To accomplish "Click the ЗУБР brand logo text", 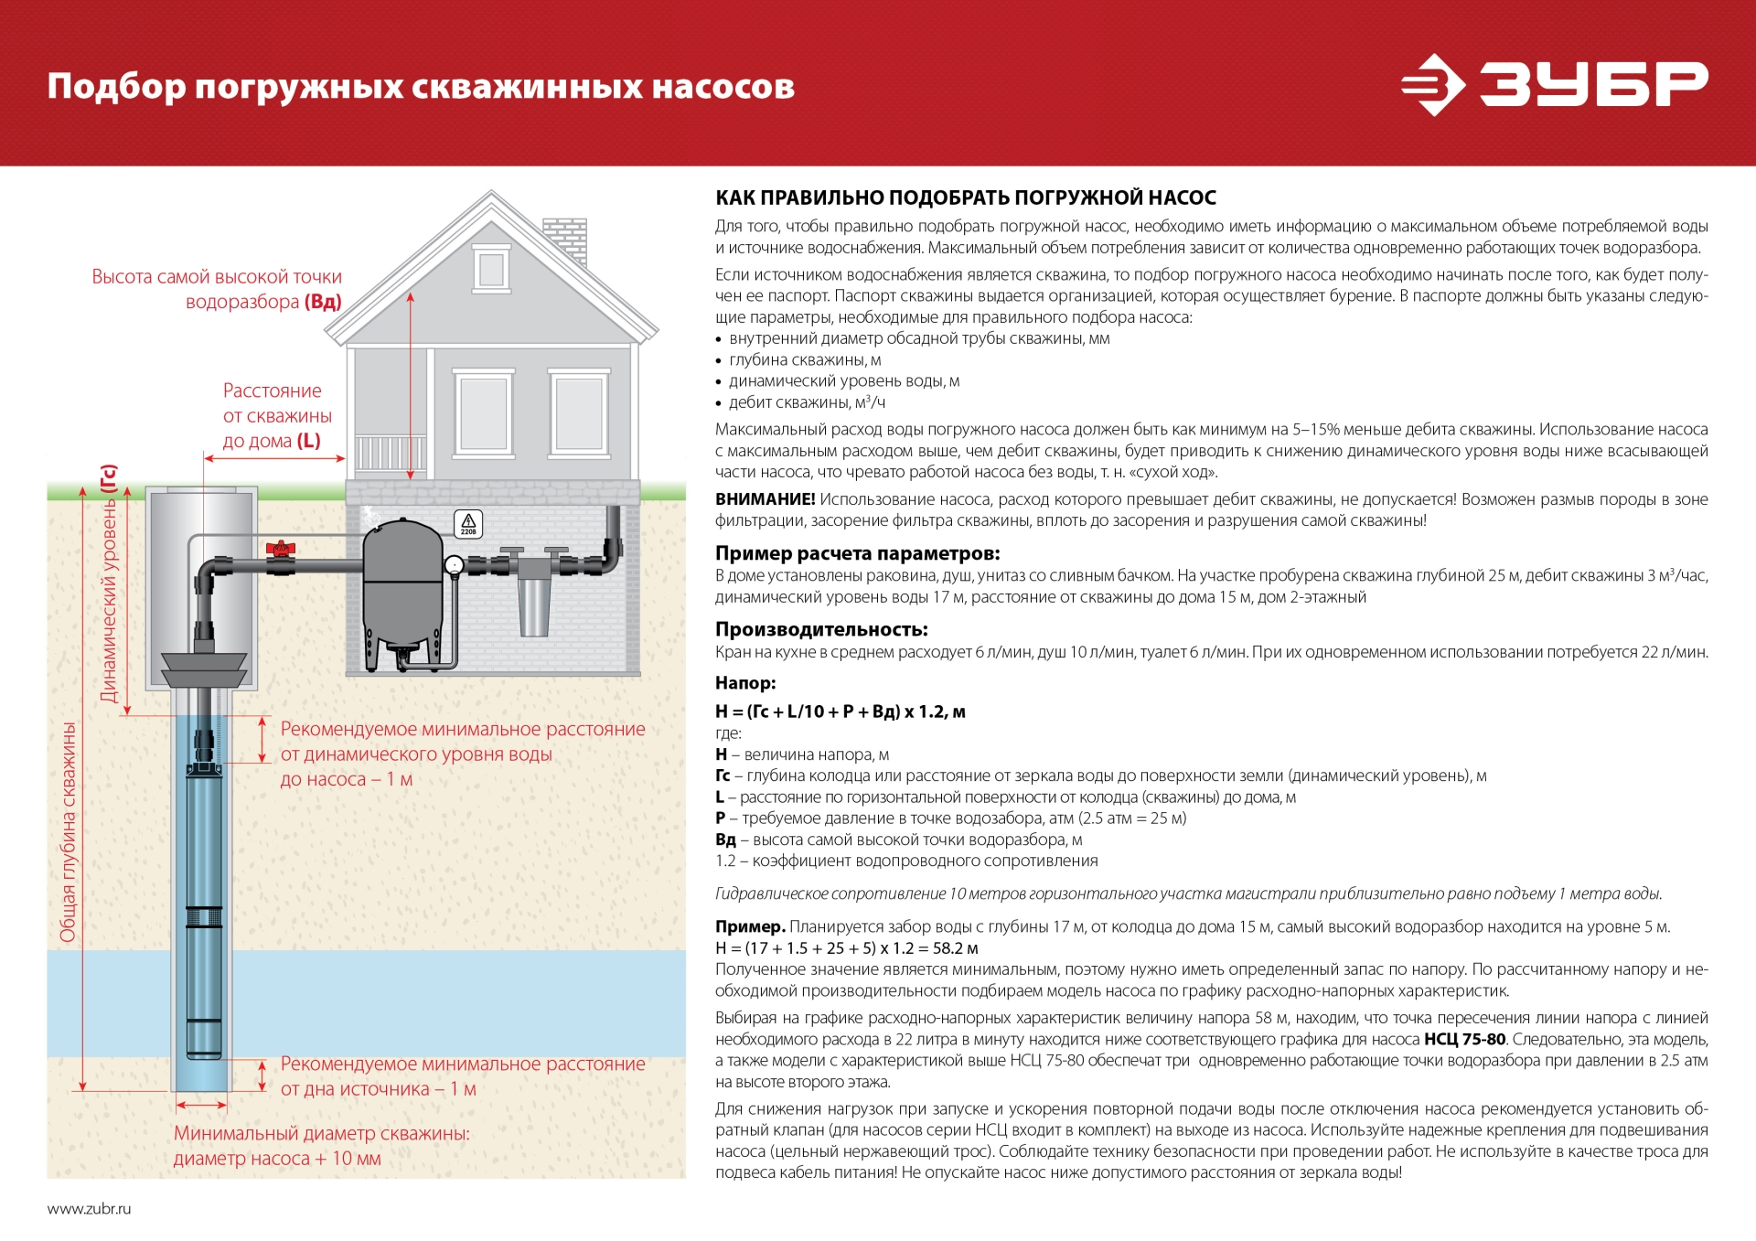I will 1593,84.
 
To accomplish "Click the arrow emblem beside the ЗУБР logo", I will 1433,85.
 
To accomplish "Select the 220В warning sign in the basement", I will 468,523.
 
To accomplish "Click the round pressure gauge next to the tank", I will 455,565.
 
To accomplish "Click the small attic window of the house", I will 491,269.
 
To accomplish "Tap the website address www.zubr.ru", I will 90,1208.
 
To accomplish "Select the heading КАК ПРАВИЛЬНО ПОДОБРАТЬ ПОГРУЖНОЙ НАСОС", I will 965,198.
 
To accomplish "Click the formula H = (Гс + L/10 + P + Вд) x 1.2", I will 840,711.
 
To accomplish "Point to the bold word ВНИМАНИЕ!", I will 765,499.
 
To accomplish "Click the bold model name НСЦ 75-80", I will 1464,1039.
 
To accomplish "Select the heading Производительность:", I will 820,629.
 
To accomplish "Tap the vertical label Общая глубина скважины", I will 68,832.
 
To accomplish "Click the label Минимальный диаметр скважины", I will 321,1133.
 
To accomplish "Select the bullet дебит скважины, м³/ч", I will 807,402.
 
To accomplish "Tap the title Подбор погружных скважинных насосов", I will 421,87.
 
